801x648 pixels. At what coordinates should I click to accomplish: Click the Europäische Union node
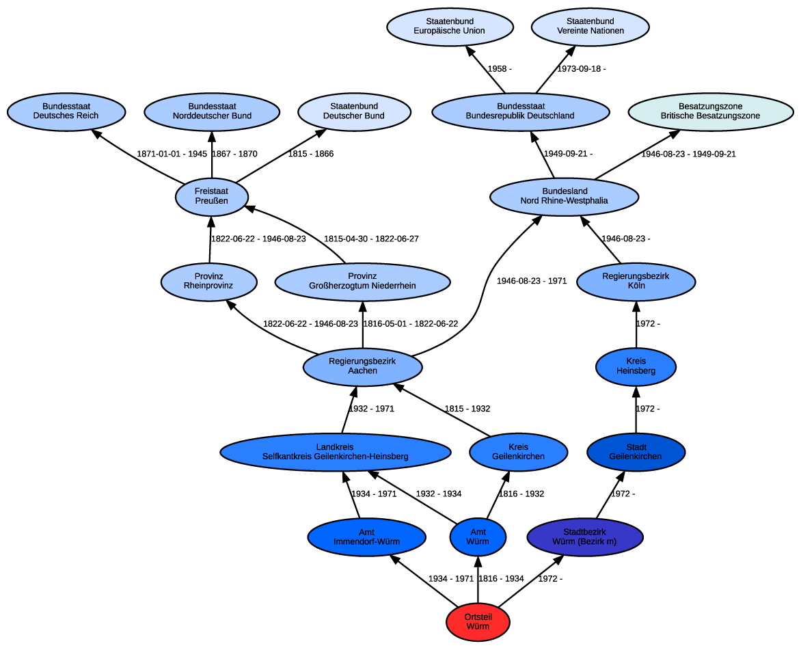pos(450,27)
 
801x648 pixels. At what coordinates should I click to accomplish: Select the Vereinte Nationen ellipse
pos(590,27)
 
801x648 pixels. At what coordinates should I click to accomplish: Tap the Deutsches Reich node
pos(66,111)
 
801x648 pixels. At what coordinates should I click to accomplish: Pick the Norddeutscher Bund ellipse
pos(212,111)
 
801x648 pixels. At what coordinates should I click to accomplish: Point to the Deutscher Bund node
pos(354,111)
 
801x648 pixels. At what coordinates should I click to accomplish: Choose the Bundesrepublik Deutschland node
pos(520,111)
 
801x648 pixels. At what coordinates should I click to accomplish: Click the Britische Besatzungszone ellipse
pos(710,111)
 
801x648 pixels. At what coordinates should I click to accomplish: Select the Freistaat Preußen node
pos(212,197)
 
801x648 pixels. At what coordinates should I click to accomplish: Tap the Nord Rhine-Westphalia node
pos(564,197)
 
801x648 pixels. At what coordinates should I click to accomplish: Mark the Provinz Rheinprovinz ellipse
pos(208,282)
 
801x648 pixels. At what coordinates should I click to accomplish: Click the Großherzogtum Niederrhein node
pos(362,282)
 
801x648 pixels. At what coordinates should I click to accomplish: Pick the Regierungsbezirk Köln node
pos(636,282)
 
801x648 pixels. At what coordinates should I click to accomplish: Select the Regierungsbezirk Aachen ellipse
pos(362,367)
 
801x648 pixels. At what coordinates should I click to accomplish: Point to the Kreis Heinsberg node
pos(636,367)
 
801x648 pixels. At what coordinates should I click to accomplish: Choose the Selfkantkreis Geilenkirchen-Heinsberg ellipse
pos(335,452)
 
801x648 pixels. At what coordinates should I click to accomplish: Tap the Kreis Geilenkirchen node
pos(518,452)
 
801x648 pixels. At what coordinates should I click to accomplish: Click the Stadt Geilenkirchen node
pos(636,452)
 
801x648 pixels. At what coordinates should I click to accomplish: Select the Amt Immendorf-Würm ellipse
pos(366,537)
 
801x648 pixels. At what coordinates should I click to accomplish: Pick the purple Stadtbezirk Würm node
pos(584,537)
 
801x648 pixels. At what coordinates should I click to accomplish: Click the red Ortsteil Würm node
pos(478,622)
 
